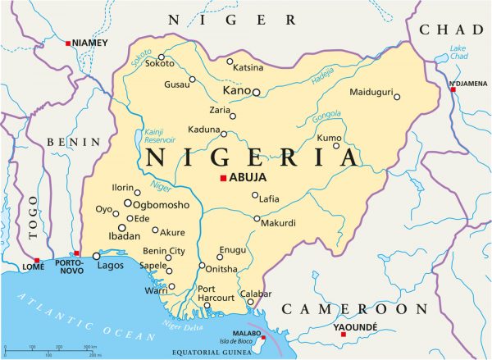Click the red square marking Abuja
[222, 178]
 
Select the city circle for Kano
[256, 93]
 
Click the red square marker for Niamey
[69, 43]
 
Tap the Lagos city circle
[97, 256]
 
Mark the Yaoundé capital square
[343, 335]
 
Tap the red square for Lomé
[37, 260]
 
